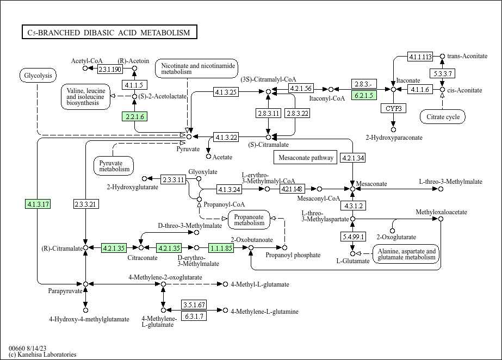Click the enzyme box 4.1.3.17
pyautogui.click(x=38, y=204)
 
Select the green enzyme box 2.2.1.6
pyautogui.click(x=134, y=116)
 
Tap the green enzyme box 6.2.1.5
pyautogui.click(x=364, y=96)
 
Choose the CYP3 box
pyautogui.click(x=394, y=108)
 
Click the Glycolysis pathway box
pyautogui.click(x=38, y=76)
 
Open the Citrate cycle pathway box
pyautogui.click(x=443, y=116)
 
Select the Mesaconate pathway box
pyautogui.click(x=306, y=158)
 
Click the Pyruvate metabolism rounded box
pyautogui.click(x=115, y=166)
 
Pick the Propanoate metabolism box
pyautogui.click(x=249, y=219)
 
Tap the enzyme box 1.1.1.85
pyautogui.click(x=221, y=248)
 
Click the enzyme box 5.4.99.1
pyautogui.click(x=353, y=237)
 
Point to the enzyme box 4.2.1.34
pyautogui.click(x=353, y=158)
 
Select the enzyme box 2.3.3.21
pyautogui.click(x=85, y=204)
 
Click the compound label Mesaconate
pyautogui.click(x=371, y=184)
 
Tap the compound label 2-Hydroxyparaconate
pyautogui.click(x=394, y=138)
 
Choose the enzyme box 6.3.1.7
pyautogui.click(x=194, y=316)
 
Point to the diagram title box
pyautogui.click(x=109, y=33)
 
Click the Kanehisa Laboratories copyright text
pyautogui.click(x=42, y=355)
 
